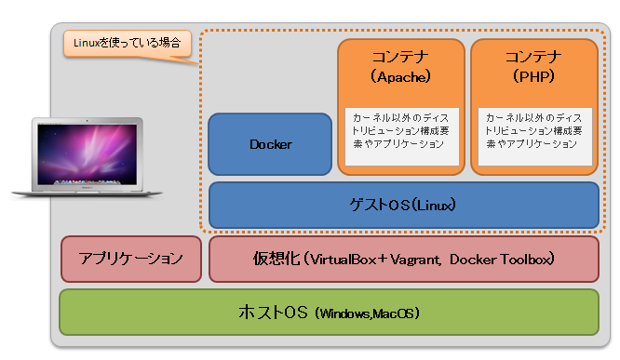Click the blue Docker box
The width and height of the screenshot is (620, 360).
(x=270, y=144)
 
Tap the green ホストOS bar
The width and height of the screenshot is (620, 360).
(x=329, y=312)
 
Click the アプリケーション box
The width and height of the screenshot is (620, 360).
(x=130, y=259)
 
